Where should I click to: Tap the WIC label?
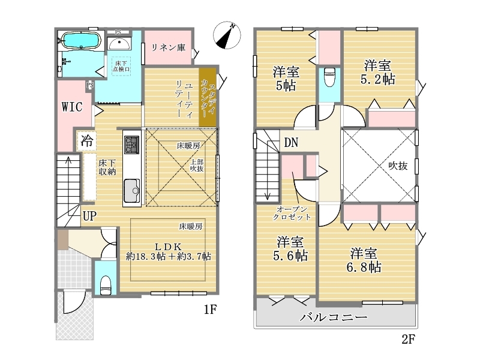[72, 107]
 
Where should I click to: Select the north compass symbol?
[227, 35]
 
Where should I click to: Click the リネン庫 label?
[169, 47]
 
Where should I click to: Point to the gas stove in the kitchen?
[131, 145]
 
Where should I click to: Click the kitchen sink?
[132, 191]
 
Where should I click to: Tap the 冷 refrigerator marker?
[87, 141]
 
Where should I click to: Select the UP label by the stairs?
[89, 216]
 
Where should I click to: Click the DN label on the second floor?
[291, 142]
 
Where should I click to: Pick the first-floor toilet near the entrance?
[106, 286]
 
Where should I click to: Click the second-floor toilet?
[329, 77]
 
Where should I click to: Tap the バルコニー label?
[334, 317]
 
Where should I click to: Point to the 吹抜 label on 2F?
[398, 166]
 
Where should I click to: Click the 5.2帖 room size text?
[378, 80]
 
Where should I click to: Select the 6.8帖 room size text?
[364, 267]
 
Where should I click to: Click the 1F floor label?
[211, 310]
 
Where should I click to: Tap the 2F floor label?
[408, 339]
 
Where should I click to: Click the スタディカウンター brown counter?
[208, 97]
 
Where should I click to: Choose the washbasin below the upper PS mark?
[119, 44]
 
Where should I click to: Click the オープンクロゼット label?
[292, 214]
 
